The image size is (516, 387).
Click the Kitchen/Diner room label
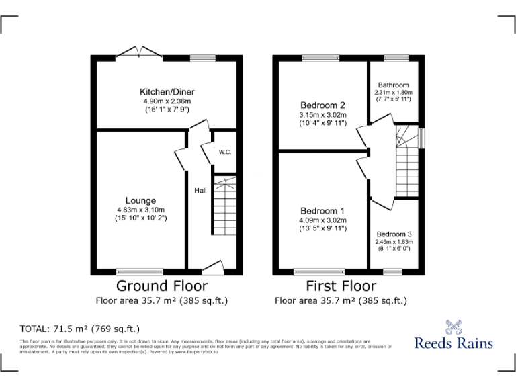pos(167,92)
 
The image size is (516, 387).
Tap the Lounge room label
pos(140,200)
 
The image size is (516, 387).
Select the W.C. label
pos(225,152)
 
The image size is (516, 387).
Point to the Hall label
pos(200,191)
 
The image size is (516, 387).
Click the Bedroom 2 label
pos(322,105)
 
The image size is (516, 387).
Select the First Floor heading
pos(341,286)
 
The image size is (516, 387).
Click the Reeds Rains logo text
pos(454,343)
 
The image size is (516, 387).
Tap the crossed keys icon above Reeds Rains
pos(454,326)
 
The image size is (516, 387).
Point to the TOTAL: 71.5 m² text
pos(79,329)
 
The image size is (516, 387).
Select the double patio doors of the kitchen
pos(138,52)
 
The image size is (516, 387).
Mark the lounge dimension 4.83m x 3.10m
pos(140,210)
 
